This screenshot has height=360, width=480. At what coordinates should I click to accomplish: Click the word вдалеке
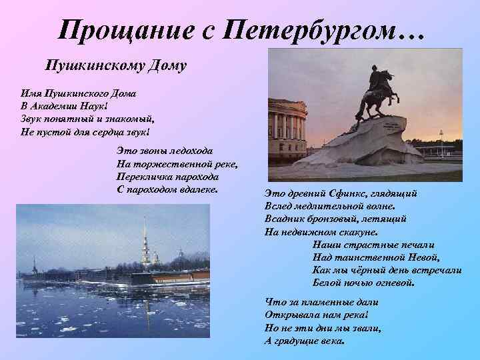[196, 189]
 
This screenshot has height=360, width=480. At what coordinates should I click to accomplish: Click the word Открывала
[291, 315]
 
